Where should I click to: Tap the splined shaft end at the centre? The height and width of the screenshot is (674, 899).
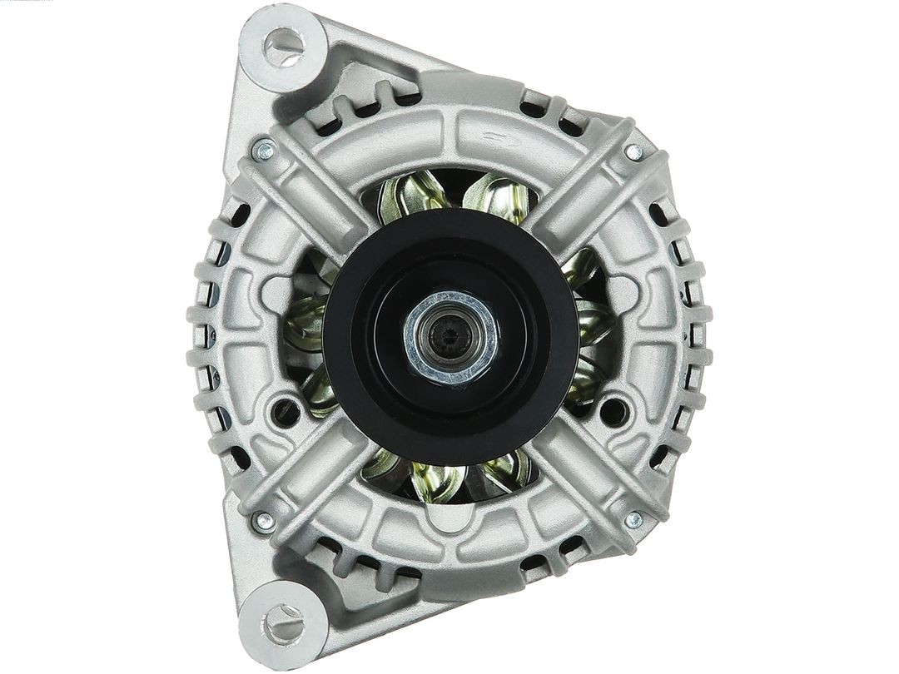coord(449,336)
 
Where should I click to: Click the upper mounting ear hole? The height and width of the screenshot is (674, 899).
coord(283,47)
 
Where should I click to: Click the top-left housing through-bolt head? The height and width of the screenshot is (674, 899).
coord(265,151)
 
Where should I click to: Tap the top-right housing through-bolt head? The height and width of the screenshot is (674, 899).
coord(633,152)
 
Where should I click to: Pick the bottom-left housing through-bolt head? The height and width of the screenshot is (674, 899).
coord(265,521)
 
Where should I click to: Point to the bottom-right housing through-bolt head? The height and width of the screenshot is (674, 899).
coord(633,521)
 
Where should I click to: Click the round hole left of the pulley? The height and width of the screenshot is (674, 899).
coord(285,409)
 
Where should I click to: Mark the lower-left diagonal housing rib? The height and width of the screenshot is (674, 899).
coord(308,474)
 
